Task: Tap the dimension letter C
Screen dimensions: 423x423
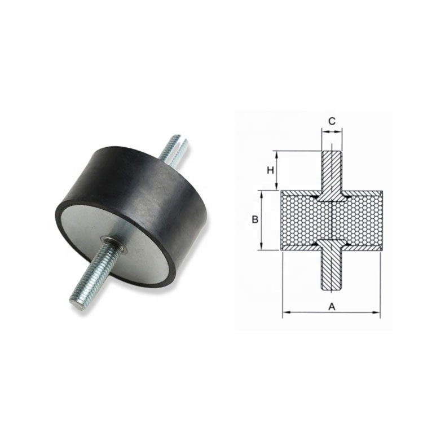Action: (x=332, y=121)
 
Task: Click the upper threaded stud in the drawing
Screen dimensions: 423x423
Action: (x=332, y=169)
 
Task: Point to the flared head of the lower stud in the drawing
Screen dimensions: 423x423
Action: (x=332, y=244)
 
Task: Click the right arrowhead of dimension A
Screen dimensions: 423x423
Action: (x=377, y=312)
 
